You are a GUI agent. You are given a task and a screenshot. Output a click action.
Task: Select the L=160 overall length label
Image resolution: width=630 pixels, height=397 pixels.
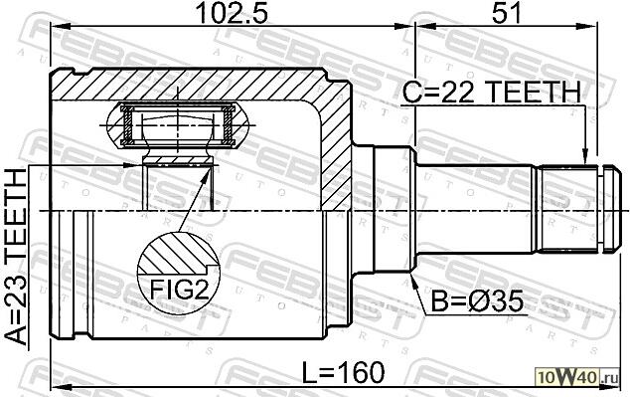344,372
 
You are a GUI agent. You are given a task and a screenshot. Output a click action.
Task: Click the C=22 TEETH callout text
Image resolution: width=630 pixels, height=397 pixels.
492,92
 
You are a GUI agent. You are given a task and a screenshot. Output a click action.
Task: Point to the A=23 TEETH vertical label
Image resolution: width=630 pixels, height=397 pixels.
16,258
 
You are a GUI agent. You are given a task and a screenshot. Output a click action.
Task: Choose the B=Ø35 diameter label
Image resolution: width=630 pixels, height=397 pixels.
477,301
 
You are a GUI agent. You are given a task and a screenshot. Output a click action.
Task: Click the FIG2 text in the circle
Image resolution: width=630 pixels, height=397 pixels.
179,290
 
